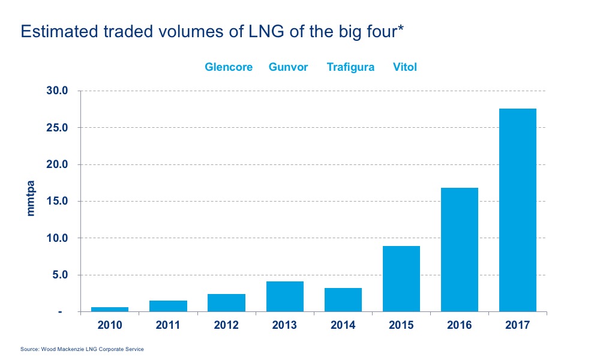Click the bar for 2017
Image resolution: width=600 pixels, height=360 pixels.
517,210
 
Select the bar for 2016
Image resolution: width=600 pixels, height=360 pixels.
459,250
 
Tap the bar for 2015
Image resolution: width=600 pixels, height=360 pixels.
401,279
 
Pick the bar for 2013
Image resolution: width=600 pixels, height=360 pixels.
284,296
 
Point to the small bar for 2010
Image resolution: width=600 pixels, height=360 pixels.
110,310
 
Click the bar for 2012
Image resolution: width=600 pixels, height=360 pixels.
226,303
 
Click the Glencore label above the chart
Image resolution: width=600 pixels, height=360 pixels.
229,67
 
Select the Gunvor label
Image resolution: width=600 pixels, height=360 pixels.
288,67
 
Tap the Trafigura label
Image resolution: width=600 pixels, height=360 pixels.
350,67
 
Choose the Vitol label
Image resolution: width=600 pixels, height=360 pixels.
404,67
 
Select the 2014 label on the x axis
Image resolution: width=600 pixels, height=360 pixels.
343,326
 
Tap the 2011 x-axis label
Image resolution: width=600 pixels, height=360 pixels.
168,326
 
